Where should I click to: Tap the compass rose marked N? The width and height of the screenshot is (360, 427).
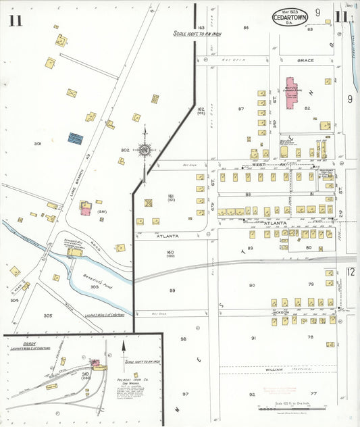pyautogui.click(x=144, y=149)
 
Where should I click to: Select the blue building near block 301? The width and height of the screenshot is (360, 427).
pyautogui.click(x=75, y=138)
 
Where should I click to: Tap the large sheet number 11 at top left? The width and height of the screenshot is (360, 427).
pyautogui.click(x=16, y=20)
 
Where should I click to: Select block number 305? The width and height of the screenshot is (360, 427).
pyautogui.click(x=48, y=316)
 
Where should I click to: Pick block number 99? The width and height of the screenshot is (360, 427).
pyautogui.click(x=172, y=291)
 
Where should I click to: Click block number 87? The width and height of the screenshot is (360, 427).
pyautogui.click(x=240, y=109)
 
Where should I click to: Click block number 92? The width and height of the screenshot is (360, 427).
pyautogui.click(x=251, y=394)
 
